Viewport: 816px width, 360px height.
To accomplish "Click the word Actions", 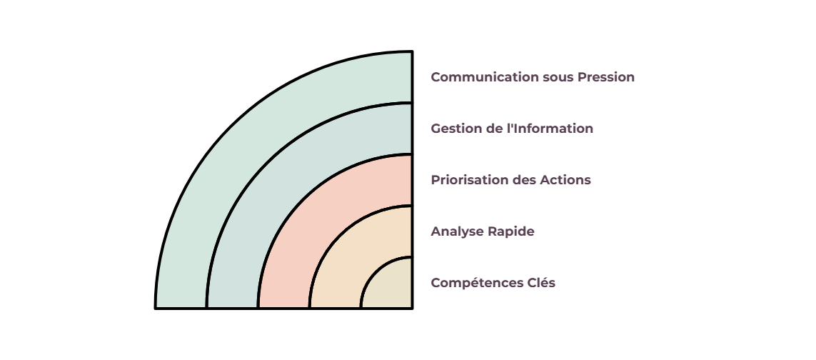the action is click(x=565, y=180).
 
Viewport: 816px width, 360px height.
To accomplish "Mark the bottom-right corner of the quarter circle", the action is click(x=412, y=308).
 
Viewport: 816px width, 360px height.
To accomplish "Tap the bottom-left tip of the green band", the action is click(x=155, y=308).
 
